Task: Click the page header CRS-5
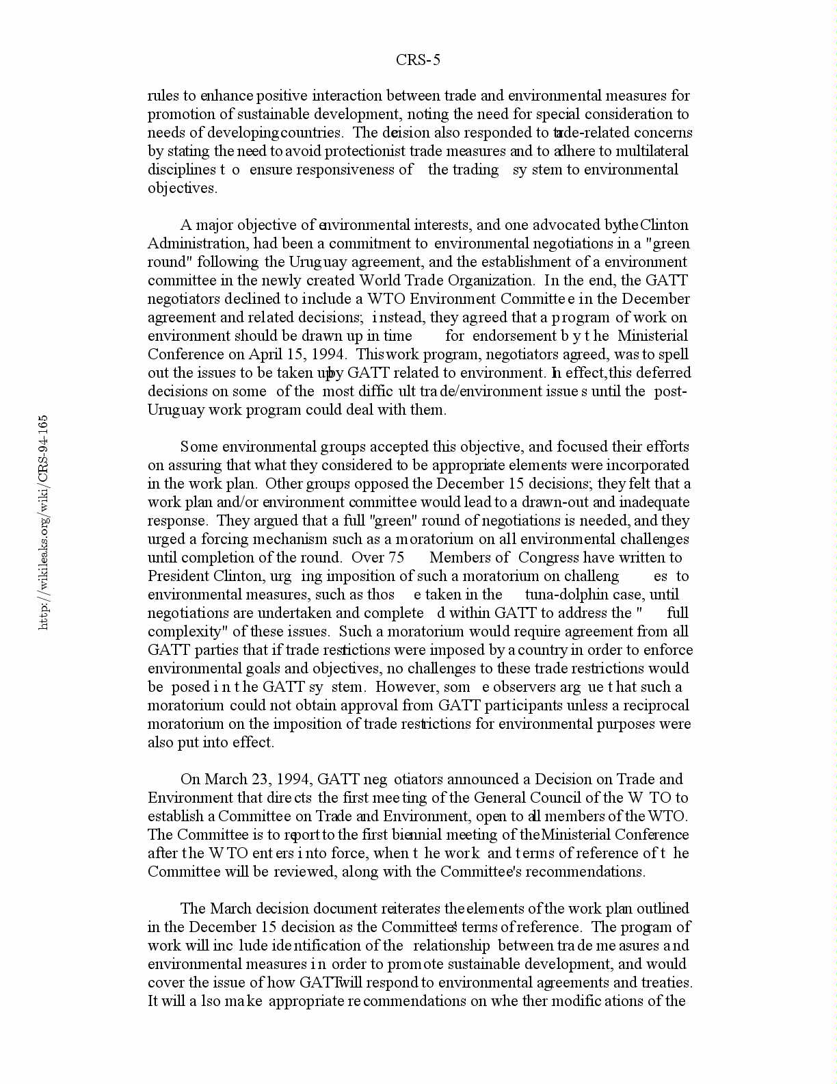(418, 60)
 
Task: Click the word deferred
(665, 373)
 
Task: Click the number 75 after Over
(397, 558)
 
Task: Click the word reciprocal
(657, 706)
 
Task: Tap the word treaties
(667, 983)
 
